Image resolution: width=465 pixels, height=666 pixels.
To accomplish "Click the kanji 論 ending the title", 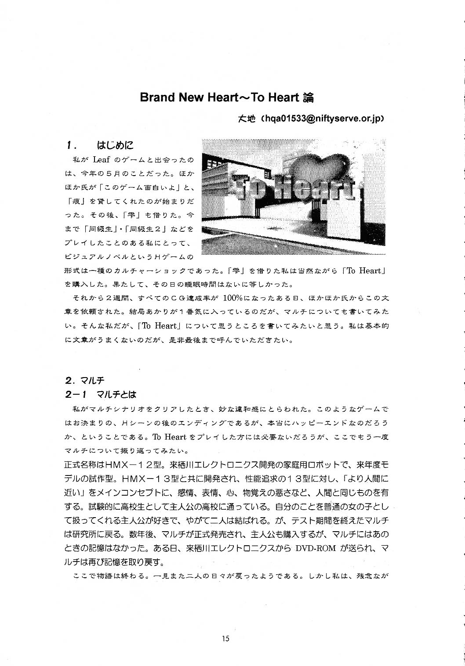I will click(309, 97).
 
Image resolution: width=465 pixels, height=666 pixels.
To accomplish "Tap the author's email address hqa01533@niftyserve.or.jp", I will click(323, 119).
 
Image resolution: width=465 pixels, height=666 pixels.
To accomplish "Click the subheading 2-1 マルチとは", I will click(101, 394).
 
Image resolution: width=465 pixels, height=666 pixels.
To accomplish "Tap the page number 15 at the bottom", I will click(226, 639).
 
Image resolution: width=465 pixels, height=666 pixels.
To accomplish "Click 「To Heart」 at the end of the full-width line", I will click(364, 271).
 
